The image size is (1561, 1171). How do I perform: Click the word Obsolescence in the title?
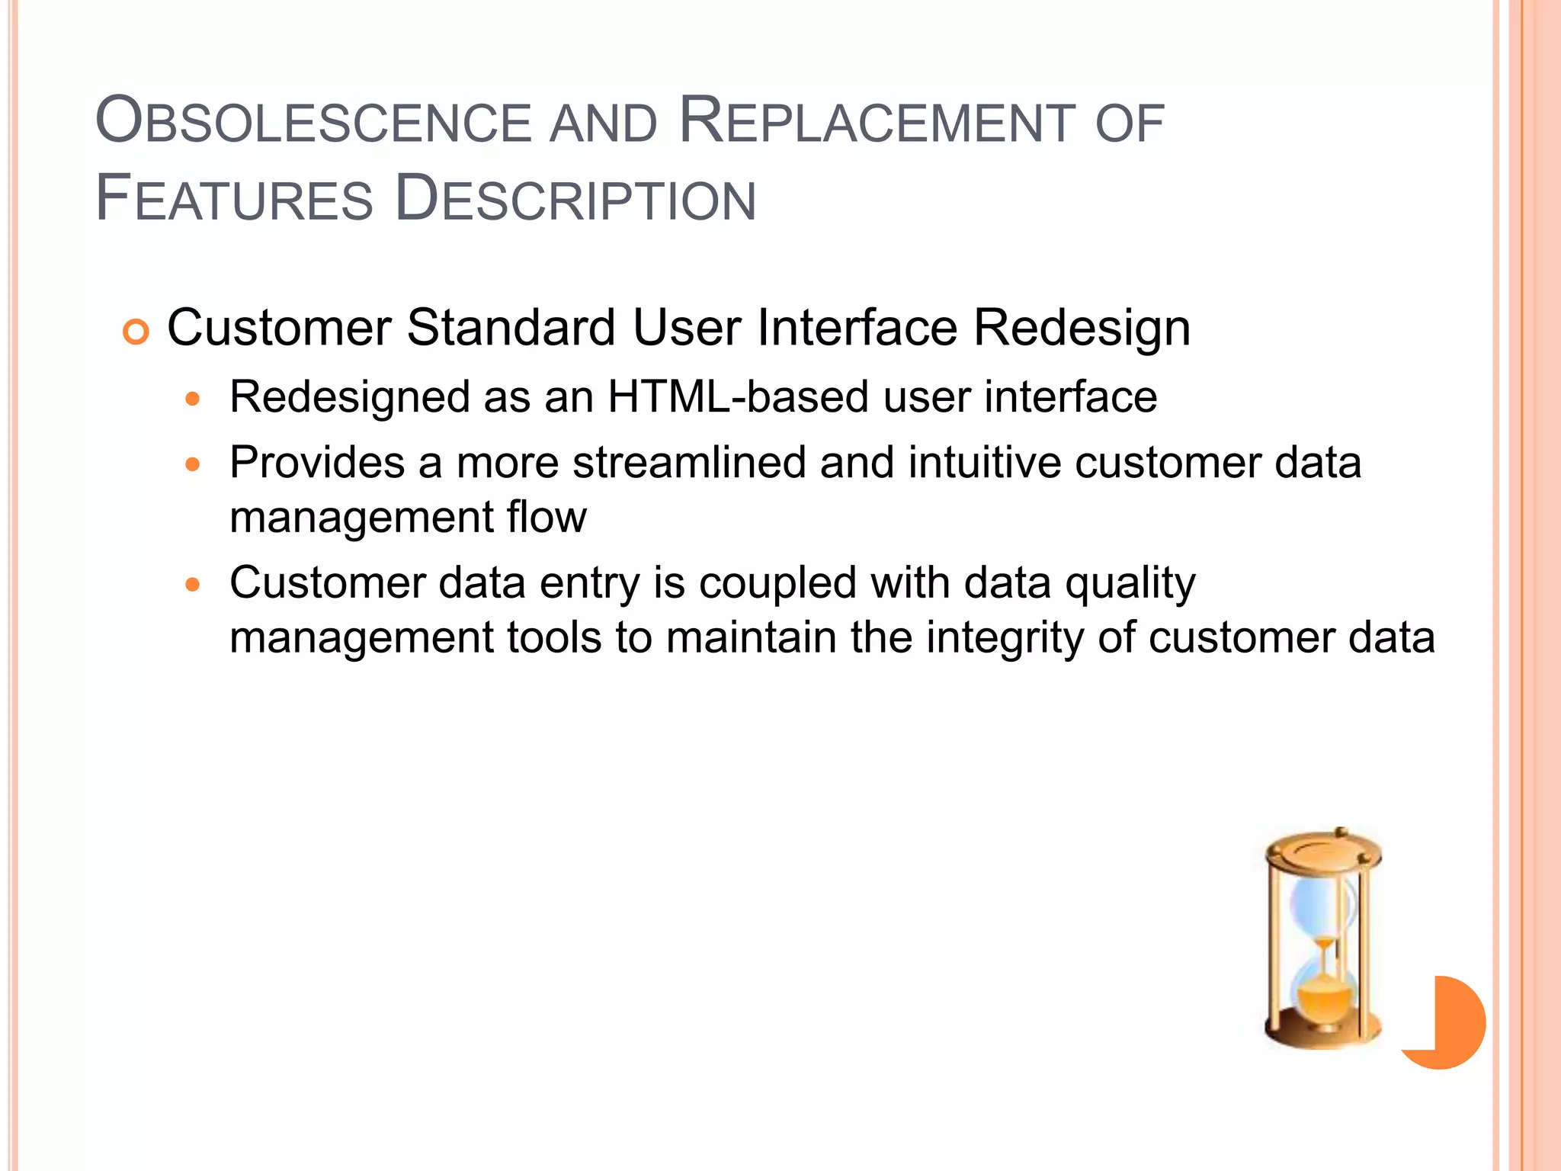pyautogui.click(x=313, y=122)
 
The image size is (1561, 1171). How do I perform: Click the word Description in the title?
pyautogui.click(x=575, y=200)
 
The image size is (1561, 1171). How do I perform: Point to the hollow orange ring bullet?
pyautogui.click(x=136, y=332)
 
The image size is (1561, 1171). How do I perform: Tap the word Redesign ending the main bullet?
pyautogui.click(x=1082, y=329)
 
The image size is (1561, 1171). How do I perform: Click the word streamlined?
pyautogui.click(x=689, y=463)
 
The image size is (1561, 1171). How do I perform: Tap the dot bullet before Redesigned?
pyautogui.click(x=193, y=399)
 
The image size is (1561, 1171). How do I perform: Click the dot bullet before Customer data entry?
pyautogui.click(x=193, y=585)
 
